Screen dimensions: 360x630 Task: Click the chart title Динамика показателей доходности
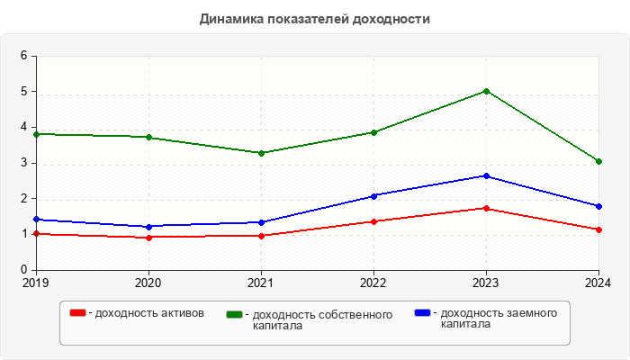point(315,19)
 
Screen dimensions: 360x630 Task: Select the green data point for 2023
point(486,91)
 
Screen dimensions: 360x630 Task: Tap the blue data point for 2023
point(486,176)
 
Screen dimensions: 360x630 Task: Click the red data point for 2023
point(486,208)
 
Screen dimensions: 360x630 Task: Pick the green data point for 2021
point(261,153)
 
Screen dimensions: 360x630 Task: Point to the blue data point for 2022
point(373,195)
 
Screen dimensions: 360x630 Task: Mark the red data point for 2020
point(148,237)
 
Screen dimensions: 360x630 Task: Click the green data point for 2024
point(598,161)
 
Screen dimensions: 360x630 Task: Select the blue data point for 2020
point(148,227)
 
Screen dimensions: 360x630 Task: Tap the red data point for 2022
point(373,221)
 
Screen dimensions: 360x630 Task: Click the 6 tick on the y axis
point(24,56)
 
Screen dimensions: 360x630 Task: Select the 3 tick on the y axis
point(24,163)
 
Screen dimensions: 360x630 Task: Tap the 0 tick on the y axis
point(24,270)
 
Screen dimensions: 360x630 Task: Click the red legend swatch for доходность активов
point(78,313)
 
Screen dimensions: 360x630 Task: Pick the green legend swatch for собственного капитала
point(235,314)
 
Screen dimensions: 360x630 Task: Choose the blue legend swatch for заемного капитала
point(421,312)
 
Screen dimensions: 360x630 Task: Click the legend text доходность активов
point(148,313)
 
